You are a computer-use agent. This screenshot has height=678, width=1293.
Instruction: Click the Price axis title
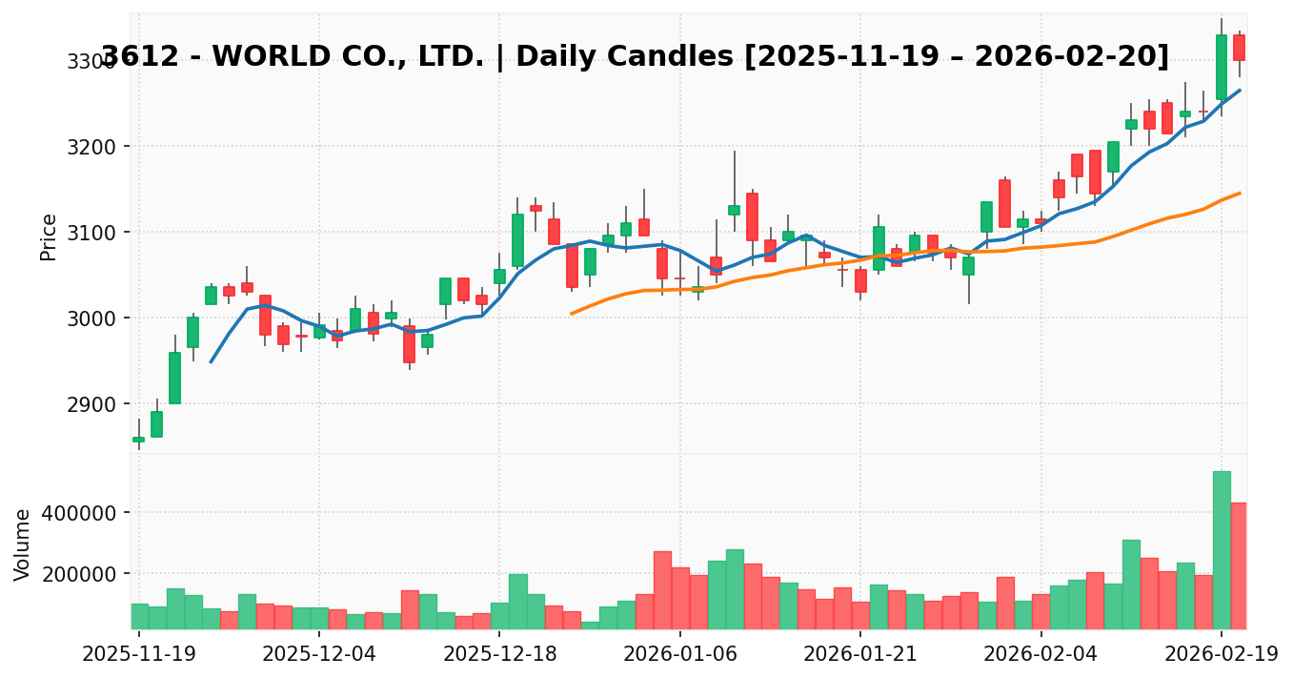pos(49,236)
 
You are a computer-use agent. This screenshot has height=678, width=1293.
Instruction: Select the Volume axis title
pos(23,544)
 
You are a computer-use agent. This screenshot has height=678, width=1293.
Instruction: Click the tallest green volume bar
pos(1222,550)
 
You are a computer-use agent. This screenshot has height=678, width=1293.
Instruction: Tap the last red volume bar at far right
pos(1239,565)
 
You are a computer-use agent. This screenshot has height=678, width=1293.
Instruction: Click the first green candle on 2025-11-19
pos(138,440)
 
